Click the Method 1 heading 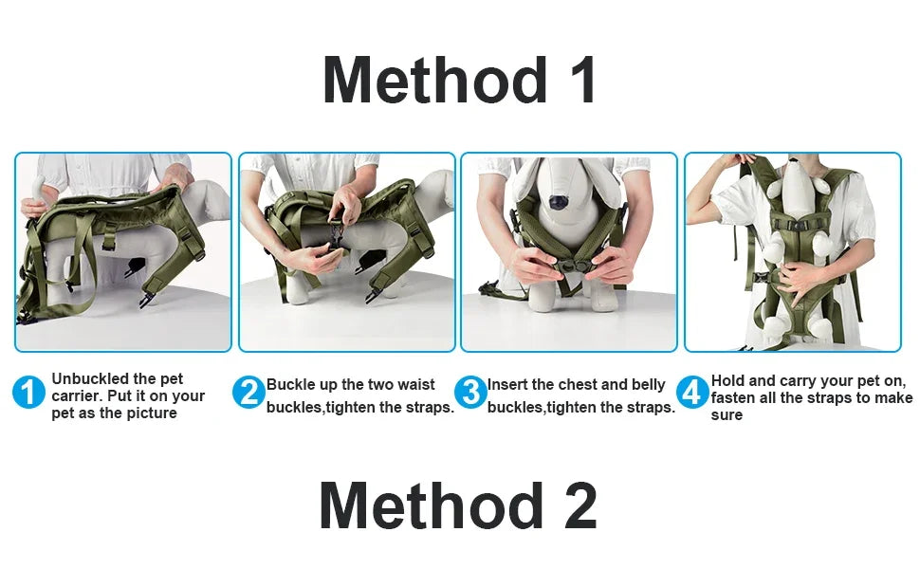point(459,81)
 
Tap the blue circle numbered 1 point(28,392)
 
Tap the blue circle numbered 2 point(248,392)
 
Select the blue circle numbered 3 point(470,392)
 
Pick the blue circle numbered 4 point(693,392)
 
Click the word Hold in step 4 point(728,380)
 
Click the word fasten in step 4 point(734,397)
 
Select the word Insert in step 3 point(508,384)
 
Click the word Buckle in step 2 point(290,384)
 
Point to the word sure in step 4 point(727,414)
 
